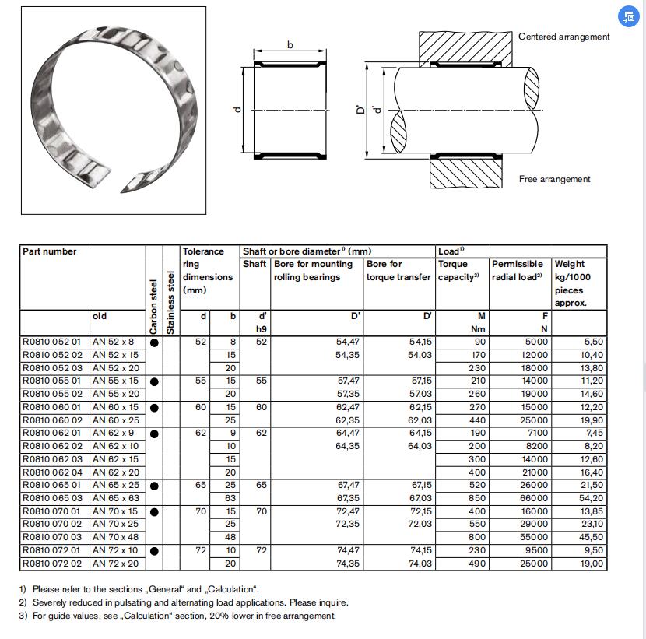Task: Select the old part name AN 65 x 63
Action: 115,498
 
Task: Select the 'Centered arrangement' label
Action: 564,37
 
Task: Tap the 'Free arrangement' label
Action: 555,179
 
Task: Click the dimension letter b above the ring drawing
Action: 291,45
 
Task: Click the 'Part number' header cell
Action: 50,251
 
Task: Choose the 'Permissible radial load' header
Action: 520,270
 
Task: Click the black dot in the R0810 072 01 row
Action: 154,551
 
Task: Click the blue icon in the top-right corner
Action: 627,16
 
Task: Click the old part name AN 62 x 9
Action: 113,433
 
